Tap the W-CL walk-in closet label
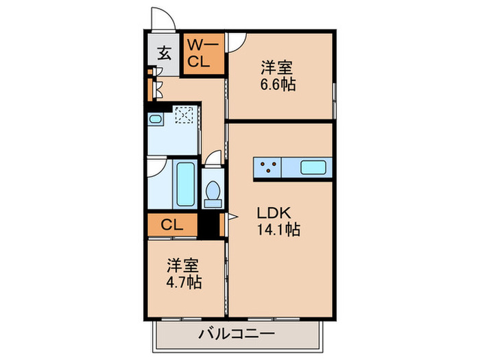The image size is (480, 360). (x=203, y=53)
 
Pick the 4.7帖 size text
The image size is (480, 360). (x=184, y=281)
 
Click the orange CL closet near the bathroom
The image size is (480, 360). (x=171, y=224)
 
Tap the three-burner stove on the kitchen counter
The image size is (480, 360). (x=267, y=166)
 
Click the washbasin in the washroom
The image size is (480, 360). (x=156, y=121)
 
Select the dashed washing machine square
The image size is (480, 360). (x=184, y=117)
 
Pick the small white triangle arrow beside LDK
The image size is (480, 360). (x=232, y=217)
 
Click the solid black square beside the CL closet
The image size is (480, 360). (x=208, y=225)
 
